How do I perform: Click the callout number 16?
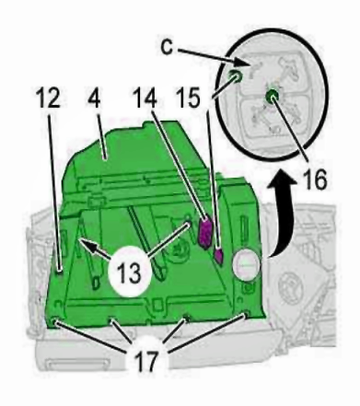click(x=315, y=180)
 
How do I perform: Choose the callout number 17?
click(x=147, y=360)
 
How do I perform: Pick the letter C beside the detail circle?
click(x=167, y=47)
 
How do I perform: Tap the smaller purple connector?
click(x=219, y=256)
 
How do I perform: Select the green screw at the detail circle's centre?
click(x=272, y=95)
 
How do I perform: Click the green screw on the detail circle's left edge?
click(x=236, y=76)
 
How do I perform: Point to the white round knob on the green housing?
click(x=247, y=265)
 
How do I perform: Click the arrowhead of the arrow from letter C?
click(x=241, y=63)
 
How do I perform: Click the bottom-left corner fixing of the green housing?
click(x=54, y=321)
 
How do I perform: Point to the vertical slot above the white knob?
click(x=244, y=227)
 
